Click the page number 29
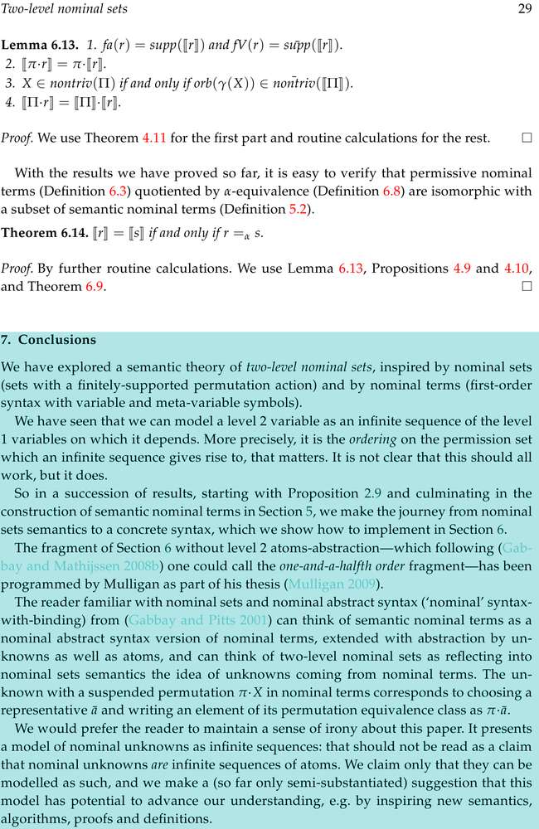[524, 8]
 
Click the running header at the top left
[52, 8]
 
